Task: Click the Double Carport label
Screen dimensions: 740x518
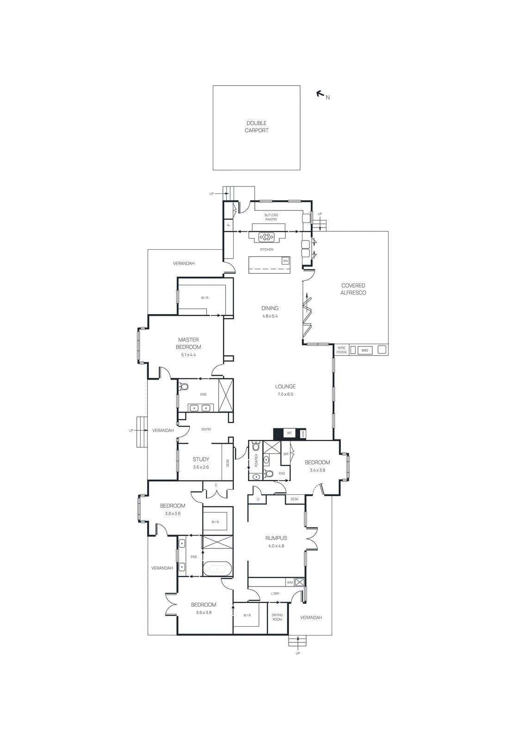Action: click(x=257, y=127)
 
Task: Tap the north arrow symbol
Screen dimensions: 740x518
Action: click(x=320, y=94)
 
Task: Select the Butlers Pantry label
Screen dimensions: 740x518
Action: click(x=271, y=217)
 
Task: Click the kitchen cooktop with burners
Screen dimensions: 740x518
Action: click(x=266, y=237)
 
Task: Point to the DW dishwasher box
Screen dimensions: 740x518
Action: click(x=285, y=261)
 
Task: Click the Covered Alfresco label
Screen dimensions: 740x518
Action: click(x=353, y=289)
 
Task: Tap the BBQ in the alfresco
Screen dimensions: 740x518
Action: click(x=364, y=350)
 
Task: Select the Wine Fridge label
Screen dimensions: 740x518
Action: click(x=341, y=350)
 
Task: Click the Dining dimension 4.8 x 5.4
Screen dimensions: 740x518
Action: click(x=270, y=316)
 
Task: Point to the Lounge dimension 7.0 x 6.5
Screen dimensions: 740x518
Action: click(x=285, y=395)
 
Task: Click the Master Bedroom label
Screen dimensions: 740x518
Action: click(x=188, y=343)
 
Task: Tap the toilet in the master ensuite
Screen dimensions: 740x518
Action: click(x=184, y=387)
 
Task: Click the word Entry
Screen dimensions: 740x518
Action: click(x=206, y=429)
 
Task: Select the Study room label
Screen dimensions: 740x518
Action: click(x=201, y=459)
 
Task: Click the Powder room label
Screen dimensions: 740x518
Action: click(x=256, y=460)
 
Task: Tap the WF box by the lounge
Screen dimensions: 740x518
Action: click(x=289, y=433)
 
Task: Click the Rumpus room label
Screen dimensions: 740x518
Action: click(x=276, y=538)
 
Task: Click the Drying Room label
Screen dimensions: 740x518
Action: click(x=277, y=617)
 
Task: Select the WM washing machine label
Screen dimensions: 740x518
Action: click(x=290, y=582)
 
